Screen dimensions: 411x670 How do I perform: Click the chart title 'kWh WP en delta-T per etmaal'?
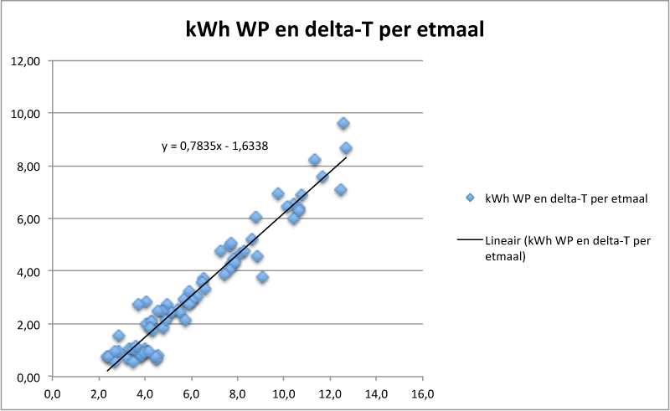click(335, 29)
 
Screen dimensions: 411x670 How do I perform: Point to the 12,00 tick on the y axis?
click(29, 61)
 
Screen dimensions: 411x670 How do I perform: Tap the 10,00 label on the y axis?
click(29, 113)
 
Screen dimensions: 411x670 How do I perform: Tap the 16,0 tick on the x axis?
click(422, 393)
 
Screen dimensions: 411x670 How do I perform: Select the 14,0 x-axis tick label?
click(376, 393)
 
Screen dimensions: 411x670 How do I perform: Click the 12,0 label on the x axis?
click(330, 393)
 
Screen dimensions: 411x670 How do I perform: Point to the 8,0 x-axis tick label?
click(237, 393)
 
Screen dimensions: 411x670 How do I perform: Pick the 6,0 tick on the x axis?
click(191, 393)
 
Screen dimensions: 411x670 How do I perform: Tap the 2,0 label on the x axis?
click(99, 393)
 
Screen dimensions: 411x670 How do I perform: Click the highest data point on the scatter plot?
click(343, 123)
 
